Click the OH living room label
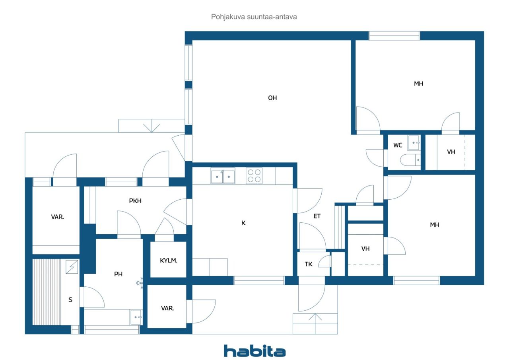(x=272, y=98)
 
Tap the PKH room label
(x=135, y=201)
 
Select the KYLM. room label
(x=168, y=261)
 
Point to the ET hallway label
(x=317, y=216)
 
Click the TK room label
(x=308, y=264)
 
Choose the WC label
(x=398, y=145)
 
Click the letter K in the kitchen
(x=243, y=223)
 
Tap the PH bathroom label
(x=118, y=274)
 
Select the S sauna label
(x=70, y=300)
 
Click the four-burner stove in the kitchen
(x=254, y=176)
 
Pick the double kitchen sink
(x=223, y=176)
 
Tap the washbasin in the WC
(x=414, y=143)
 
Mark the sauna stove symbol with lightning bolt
(x=72, y=267)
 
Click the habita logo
(x=254, y=351)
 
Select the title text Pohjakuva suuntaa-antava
(x=254, y=17)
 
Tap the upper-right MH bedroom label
(x=419, y=84)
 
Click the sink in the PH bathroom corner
(x=136, y=317)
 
